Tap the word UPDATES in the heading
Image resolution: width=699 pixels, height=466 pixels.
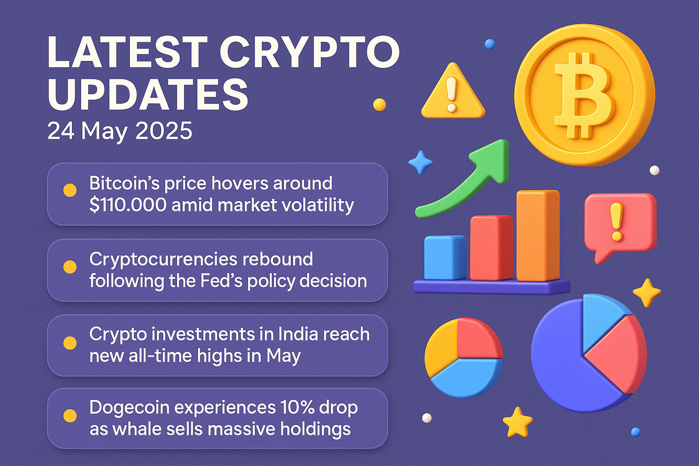coord(148,95)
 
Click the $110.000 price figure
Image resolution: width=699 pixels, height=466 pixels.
coord(128,205)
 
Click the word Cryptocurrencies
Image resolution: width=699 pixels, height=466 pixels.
coord(163,259)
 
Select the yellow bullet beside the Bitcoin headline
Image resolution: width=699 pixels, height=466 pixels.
coord(70,190)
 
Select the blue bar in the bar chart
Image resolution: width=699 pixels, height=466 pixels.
coord(444,258)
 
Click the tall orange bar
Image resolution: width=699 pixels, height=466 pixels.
coord(537,236)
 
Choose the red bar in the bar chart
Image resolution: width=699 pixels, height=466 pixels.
coord(491,248)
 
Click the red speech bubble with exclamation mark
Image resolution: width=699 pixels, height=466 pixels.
coord(620,223)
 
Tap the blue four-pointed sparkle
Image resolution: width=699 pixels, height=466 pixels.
coord(420,162)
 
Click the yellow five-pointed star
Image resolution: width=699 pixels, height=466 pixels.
coord(517,422)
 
